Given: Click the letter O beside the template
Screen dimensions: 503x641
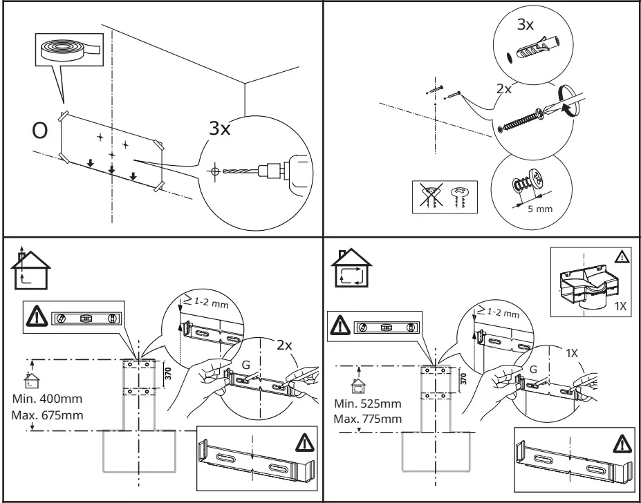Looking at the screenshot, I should click(39, 131).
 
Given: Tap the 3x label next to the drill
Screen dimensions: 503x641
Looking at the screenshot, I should click(220, 129).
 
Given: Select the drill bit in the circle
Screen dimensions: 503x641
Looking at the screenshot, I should click(239, 169).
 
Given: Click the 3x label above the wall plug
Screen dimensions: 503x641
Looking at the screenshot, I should click(526, 26).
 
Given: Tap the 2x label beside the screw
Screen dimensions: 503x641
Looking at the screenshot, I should click(503, 88).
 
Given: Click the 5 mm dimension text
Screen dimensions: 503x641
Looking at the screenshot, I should click(539, 208).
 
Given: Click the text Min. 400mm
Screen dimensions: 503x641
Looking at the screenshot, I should click(47, 399).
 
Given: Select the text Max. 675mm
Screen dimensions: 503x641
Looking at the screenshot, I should click(47, 415).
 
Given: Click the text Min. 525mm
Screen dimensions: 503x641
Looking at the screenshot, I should click(367, 404).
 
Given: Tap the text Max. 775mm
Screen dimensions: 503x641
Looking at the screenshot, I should click(367, 419).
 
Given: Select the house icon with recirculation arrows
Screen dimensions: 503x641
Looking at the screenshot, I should click(351, 268).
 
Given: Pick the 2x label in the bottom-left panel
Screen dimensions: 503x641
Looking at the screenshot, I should click(284, 344).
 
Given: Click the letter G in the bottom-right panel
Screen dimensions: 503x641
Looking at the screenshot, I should click(532, 370).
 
